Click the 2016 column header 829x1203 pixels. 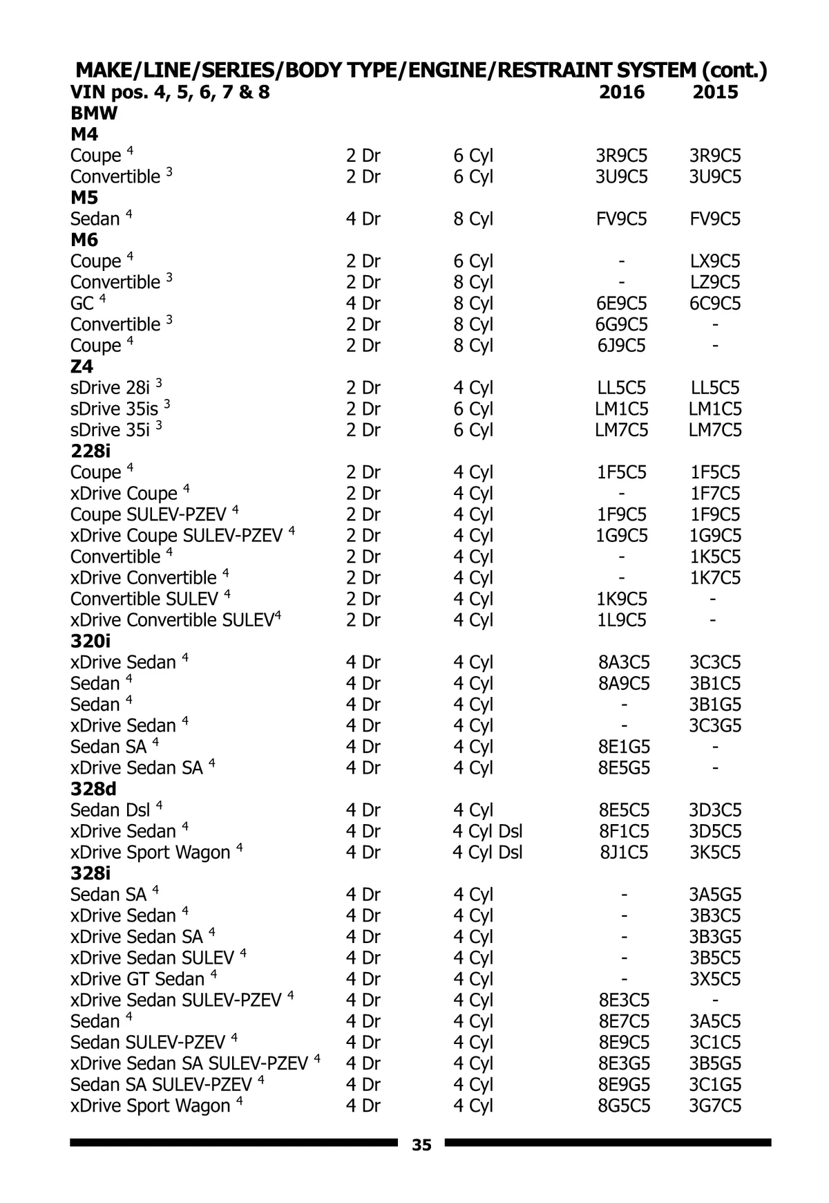pos(622,92)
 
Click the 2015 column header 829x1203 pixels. pos(715,92)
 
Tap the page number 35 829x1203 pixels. pos(421,1145)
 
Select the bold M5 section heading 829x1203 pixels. pos(84,198)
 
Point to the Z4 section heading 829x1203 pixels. pos(82,366)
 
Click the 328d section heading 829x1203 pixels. pos(93,789)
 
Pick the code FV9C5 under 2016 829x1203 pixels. pos(622,219)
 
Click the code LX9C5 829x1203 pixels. pos(715,261)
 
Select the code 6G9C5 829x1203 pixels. pos(622,324)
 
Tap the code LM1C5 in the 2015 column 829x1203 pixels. pos(715,409)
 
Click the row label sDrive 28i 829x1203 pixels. pos(111,388)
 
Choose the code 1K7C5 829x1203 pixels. pos(715,578)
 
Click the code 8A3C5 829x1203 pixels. pos(623,662)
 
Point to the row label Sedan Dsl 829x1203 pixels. pos(111,810)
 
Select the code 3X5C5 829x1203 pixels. pos(715,979)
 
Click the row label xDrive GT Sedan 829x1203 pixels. pos(137,979)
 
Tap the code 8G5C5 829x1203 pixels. pos(623,1106)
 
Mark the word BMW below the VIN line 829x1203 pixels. pos(94,113)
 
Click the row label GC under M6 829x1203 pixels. pos(82,304)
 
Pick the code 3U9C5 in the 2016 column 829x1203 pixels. pos(622,177)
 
